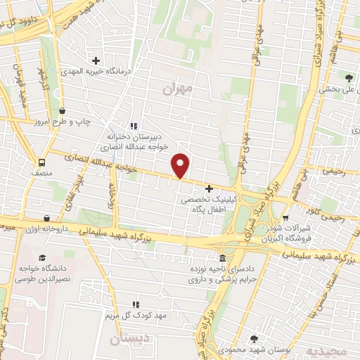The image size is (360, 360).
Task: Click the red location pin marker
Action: [181, 165]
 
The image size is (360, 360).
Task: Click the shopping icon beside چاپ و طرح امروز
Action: [63, 110]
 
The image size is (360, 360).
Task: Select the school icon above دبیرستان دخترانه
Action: [133, 126]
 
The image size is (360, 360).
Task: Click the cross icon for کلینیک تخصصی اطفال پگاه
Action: [209, 188]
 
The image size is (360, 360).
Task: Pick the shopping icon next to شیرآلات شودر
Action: [285, 217]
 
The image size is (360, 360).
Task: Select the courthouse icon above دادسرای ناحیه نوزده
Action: [222, 257]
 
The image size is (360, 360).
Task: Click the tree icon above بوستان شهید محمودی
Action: [254, 338]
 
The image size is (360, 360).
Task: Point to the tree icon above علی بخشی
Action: [349, 77]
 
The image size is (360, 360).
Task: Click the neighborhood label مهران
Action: [176, 89]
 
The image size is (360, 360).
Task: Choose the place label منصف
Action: [41, 172]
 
